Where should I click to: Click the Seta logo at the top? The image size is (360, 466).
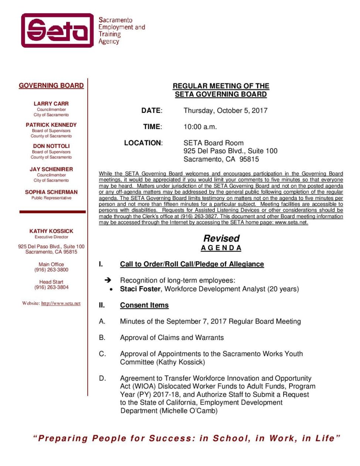pyautogui.click(x=58, y=30)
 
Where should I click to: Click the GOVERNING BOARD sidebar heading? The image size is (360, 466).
pyautogui.click(x=51, y=85)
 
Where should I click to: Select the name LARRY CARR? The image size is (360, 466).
pyautogui.click(x=51, y=104)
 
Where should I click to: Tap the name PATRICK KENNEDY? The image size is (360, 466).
pyautogui.click(x=51, y=125)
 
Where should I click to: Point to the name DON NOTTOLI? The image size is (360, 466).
pyautogui.click(x=51, y=146)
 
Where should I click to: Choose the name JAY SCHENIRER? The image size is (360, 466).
pyautogui.click(x=51, y=169)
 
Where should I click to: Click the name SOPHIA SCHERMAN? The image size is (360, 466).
pyautogui.click(x=51, y=192)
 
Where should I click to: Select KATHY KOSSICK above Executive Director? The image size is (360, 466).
pyautogui.click(x=51, y=231)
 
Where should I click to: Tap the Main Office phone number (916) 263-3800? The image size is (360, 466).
pyautogui.click(x=51, y=270)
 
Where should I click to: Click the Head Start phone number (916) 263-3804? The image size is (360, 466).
pyautogui.click(x=51, y=287)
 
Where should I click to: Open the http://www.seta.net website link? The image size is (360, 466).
pyautogui.click(x=61, y=303)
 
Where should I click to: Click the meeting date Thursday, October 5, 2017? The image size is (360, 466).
pyautogui.click(x=225, y=111)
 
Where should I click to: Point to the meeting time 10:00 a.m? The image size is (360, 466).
pyautogui.click(x=200, y=127)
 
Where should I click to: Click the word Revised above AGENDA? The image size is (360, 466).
pyautogui.click(x=221, y=238)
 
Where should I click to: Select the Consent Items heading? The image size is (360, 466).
pyautogui.click(x=144, y=305)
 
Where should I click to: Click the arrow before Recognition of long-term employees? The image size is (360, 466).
pyautogui.click(x=108, y=280)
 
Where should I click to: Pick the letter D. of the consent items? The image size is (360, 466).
pyautogui.click(x=102, y=378)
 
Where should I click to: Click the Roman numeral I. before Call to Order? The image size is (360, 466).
pyautogui.click(x=101, y=264)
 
